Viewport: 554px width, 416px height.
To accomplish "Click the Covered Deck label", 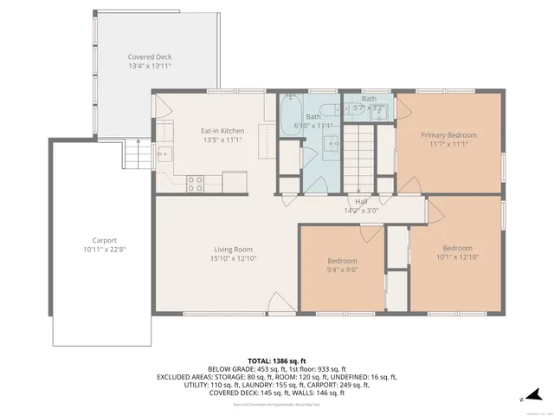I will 150,56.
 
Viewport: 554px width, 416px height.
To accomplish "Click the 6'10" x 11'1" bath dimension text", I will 312,126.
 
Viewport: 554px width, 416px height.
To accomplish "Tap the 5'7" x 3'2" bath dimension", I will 369,108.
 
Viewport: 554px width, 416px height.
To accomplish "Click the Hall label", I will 361,200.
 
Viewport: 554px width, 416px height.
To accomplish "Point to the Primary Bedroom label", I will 448,135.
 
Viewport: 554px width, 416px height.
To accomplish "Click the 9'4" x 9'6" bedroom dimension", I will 342,270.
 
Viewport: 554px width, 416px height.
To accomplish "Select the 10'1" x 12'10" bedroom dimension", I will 457,257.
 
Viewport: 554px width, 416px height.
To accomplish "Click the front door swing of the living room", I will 280,303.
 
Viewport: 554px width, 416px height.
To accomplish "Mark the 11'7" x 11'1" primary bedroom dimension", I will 448,145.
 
